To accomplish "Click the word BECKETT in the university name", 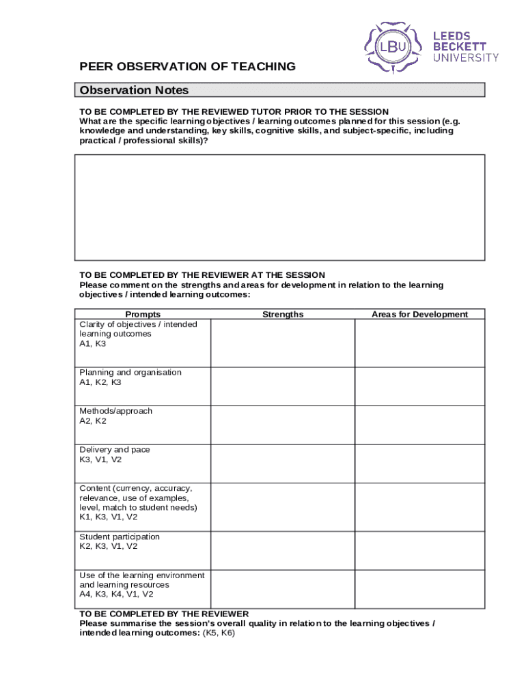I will [459, 46].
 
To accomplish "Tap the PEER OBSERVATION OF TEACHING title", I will [188, 67].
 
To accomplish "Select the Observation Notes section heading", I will [134, 91].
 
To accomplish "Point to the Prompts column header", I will [143, 315].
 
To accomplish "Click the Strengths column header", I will [282, 315].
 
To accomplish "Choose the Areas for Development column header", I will [419, 315].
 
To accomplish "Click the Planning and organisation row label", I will [130, 373].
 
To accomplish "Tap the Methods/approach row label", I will [115, 411].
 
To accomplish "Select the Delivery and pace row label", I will [115, 450].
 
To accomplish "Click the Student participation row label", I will [120, 537].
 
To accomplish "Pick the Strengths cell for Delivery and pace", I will [282, 463].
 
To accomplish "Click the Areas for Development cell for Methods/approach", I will [419, 425].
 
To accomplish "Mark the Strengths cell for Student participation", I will [282, 550].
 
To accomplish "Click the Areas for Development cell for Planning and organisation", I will [419, 386].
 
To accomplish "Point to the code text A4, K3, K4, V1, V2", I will [116, 595].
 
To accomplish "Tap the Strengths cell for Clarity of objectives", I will [282, 343].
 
